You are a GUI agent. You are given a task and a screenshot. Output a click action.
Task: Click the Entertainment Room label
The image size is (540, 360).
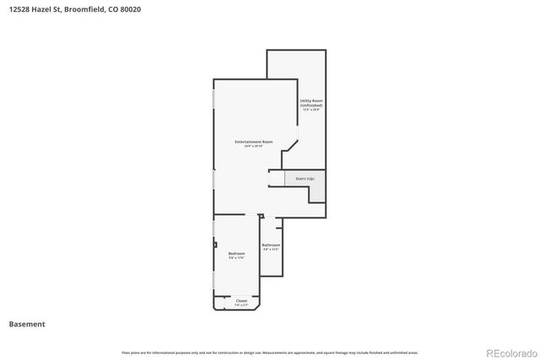(x=253, y=142)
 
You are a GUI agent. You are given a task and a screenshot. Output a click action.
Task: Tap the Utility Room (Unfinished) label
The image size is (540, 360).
(x=311, y=103)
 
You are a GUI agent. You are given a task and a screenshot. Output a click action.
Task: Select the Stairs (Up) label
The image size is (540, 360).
(x=305, y=179)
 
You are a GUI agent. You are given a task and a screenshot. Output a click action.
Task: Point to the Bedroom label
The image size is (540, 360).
(x=236, y=254)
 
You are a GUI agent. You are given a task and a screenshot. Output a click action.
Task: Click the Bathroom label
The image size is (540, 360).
(x=270, y=244)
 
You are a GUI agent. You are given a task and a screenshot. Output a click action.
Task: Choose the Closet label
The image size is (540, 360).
(x=241, y=300)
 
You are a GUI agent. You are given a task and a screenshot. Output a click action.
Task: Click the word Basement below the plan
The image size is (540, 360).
(x=27, y=324)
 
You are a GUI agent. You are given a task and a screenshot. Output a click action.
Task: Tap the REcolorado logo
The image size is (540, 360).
(x=509, y=352)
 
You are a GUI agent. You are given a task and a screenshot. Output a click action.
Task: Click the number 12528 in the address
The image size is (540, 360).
(x=19, y=9)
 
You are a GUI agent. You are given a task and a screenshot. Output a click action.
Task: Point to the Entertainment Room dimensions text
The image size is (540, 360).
(x=253, y=147)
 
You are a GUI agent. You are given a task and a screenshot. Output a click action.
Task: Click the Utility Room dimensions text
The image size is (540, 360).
(x=311, y=110)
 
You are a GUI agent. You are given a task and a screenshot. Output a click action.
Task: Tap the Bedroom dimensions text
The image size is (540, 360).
(x=236, y=258)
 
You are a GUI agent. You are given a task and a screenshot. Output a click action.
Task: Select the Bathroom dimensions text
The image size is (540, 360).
(x=270, y=250)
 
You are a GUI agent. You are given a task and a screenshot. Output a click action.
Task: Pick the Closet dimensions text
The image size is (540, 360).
(x=241, y=304)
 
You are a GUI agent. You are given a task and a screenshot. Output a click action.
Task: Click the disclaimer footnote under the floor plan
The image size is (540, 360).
(x=270, y=352)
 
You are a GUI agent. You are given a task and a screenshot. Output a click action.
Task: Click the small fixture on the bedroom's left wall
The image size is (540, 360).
(x=215, y=245)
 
